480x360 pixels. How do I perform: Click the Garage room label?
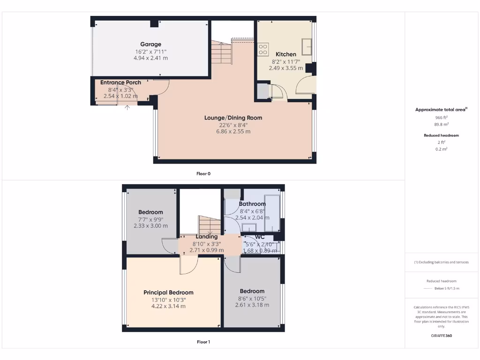(150, 45)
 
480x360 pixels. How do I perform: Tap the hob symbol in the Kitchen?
(263, 49)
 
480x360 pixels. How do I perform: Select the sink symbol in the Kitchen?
(307, 46)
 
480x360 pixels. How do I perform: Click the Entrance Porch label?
(120, 82)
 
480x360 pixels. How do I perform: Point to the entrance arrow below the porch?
(127, 107)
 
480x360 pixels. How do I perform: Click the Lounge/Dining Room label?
(233, 118)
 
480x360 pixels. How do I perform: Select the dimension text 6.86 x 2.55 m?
(233, 132)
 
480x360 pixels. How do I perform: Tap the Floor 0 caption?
(203, 173)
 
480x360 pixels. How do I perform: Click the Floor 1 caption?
(203, 342)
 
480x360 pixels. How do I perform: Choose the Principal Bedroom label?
(168, 292)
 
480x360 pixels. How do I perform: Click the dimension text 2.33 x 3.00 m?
(150, 226)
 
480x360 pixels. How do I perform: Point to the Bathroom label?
(252, 204)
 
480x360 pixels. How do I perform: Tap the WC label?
(260, 237)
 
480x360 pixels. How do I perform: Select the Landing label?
(207, 237)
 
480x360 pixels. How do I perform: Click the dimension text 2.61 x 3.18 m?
(252, 305)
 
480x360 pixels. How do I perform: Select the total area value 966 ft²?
(441, 117)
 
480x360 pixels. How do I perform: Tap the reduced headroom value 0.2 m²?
(441, 149)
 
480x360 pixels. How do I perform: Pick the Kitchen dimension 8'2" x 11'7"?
(285, 61)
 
